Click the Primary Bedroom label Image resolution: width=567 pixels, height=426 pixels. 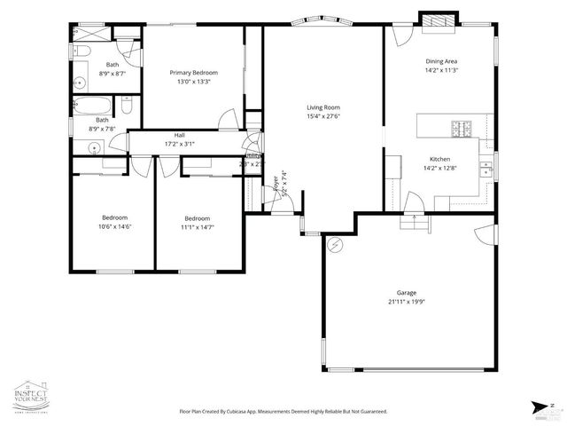(194, 73)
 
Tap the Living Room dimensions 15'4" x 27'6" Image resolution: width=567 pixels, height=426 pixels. (323, 115)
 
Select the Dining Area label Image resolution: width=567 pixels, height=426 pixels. (441, 61)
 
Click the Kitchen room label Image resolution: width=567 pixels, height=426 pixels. (440, 158)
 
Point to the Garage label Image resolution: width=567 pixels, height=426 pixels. (407, 292)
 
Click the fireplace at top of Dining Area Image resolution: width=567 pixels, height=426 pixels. (439, 21)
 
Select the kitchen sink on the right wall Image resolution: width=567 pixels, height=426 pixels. (485, 168)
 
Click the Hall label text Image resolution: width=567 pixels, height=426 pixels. (179, 136)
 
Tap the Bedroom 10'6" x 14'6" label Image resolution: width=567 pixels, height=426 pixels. (114, 217)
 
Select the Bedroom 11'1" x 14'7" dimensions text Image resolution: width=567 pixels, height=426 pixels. (198, 227)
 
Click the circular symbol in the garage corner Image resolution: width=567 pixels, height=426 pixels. (335, 243)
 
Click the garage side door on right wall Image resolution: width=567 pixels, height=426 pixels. (485, 237)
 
